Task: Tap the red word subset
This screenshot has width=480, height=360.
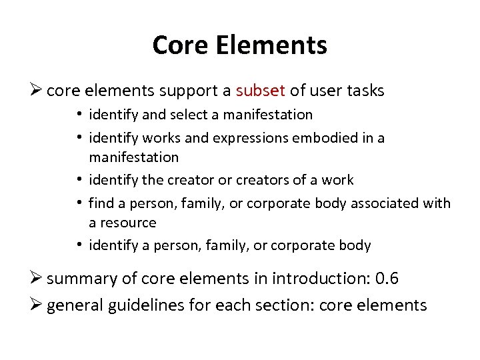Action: coord(260,91)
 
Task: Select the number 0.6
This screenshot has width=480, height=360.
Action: coord(386,278)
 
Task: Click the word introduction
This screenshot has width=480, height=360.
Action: coord(318,278)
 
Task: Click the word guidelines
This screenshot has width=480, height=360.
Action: coord(147,305)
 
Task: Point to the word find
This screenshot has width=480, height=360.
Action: coord(101,203)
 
